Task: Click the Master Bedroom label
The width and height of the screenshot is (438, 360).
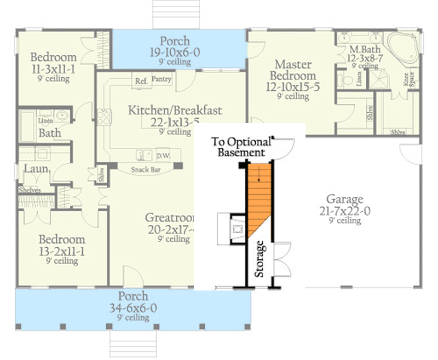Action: point(295,70)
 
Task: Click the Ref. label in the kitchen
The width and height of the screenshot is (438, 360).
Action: point(141,81)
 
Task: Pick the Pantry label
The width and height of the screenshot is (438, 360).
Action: point(162,79)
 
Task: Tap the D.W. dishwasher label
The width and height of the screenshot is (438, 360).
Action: point(163,155)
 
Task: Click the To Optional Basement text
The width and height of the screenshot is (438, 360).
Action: point(241,147)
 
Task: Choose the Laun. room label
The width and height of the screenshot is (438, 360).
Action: point(36,169)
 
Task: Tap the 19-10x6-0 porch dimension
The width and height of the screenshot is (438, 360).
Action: point(175,53)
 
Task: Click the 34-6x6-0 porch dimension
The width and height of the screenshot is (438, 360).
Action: point(133,308)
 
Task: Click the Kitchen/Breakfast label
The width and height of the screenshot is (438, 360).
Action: point(175,111)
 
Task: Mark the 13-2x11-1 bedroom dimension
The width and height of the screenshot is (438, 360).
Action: point(61,251)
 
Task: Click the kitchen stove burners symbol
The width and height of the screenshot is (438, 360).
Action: point(104,116)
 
